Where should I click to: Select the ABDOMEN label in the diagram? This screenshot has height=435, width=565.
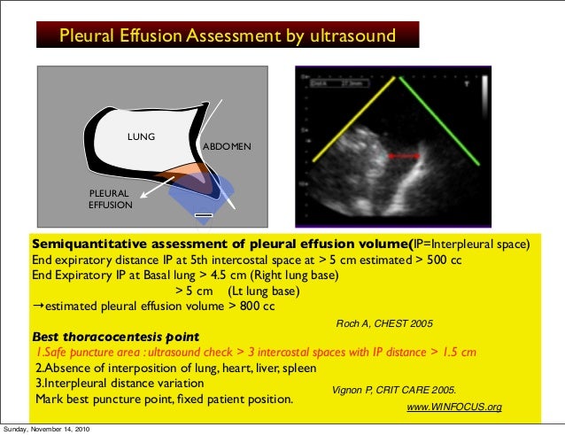[228, 144]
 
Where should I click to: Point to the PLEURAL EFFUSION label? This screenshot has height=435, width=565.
[110, 199]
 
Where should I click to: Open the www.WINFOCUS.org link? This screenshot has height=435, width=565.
[453, 407]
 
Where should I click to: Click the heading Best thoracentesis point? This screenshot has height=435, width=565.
[115, 337]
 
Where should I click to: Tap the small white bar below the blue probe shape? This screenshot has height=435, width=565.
[205, 214]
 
